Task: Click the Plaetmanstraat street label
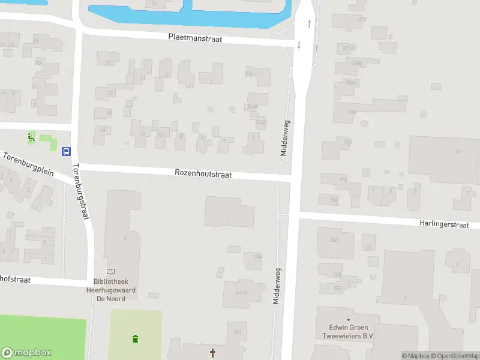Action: click(195, 38)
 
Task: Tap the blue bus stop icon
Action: click(66, 151)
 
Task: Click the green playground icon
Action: click(31, 138)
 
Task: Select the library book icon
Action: click(111, 272)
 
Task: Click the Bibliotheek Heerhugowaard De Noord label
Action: click(116, 289)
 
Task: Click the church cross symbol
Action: click(212, 353)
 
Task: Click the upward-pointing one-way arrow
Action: click(310, 24)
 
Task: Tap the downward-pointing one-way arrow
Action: click(299, 45)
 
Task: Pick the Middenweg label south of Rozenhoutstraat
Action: click(277, 286)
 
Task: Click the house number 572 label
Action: click(362, 19)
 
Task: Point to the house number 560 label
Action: click(334, 240)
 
